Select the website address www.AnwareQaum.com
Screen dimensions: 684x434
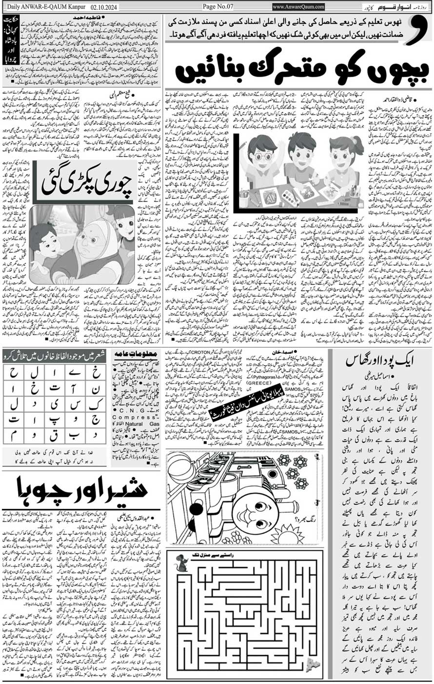[298, 7]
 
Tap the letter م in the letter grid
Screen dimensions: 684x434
[14, 434]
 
